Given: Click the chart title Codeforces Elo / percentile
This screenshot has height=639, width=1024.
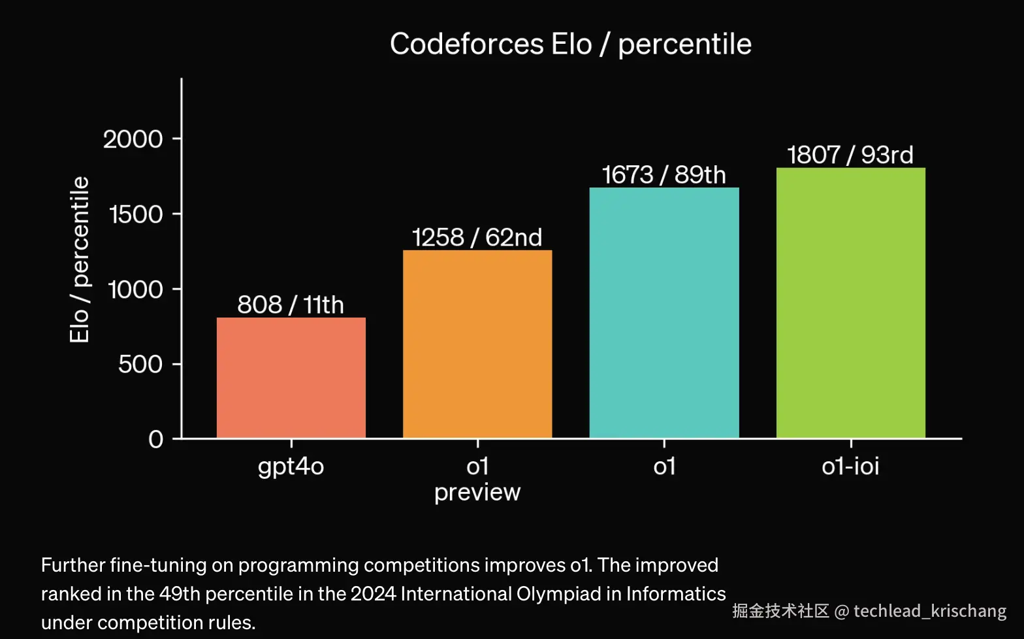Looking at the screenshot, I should pyautogui.click(x=570, y=44).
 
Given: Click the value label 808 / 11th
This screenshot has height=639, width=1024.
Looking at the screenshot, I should pyautogui.click(x=291, y=304).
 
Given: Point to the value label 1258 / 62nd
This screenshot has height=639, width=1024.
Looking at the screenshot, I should pyautogui.click(x=477, y=237).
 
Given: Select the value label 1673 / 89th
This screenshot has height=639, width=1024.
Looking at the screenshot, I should pyautogui.click(x=664, y=175).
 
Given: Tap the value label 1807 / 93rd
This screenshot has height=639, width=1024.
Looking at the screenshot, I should pyautogui.click(x=850, y=155).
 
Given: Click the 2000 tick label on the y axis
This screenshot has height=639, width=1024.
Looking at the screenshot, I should pyautogui.click(x=133, y=139).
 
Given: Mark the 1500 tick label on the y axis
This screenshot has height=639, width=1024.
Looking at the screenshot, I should pyautogui.click(x=136, y=214).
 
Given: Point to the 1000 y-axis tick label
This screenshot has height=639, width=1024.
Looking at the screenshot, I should pyautogui.click(x=135, y=289).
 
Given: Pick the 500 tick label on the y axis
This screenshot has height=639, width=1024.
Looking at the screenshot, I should pyautogui.click(x=140, y=364).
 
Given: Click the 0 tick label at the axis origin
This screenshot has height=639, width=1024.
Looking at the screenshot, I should pyautogui.click(x=156, y=439).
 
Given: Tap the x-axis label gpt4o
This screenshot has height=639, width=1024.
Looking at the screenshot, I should pyautogui.click(x=291, y=467).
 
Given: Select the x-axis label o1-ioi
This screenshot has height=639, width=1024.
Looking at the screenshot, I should pyautogui.click(x=850, y=467).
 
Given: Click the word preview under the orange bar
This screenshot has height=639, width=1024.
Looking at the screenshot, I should pyautogui.click(x=477, y=492).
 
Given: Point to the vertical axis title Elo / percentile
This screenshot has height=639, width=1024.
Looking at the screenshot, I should pyautogui.click(x=80, y=259).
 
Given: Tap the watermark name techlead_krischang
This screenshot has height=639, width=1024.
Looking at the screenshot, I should pyautogui.click(x=930, y=611).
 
